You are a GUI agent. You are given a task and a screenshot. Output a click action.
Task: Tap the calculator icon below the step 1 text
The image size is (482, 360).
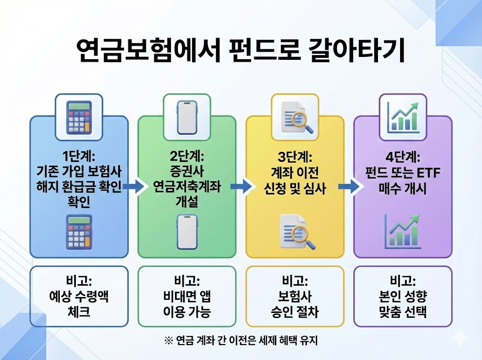pos(79,232)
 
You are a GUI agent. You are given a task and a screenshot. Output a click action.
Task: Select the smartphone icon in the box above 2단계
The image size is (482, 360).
pos(186,117)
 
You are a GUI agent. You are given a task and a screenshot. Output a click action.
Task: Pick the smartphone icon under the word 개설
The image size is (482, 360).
pos(186,231)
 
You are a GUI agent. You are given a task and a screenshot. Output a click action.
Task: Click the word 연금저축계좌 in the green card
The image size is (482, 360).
pos(186,188)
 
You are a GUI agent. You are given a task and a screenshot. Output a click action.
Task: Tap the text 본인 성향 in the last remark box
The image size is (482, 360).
pos(403,297)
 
